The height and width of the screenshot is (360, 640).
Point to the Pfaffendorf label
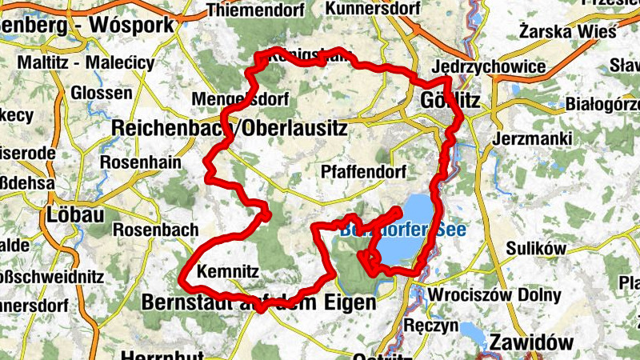pyautogui.click(x=363, y=172)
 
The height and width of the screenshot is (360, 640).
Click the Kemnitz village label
pyautogui.click(x=228, y=271)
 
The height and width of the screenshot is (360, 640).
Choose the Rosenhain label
pyautogui.click(x=140, y=162)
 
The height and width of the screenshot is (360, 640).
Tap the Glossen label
pyautogui.click(x=101, y=93)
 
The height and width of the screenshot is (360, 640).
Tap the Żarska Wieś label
pyautogui.click(x=568, y=32)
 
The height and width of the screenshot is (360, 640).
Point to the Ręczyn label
pyautogui.click(x=431, y=326)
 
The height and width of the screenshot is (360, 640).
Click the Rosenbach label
pyautogui.click(x=155, y=230)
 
